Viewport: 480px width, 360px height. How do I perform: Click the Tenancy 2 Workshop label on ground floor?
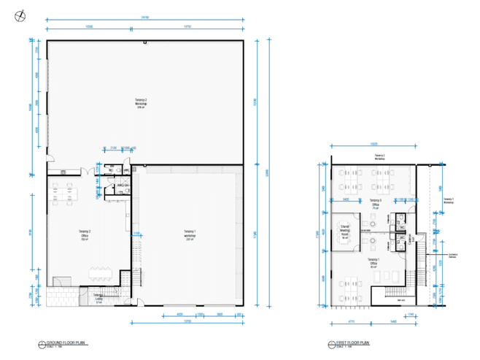(x=142, y=103)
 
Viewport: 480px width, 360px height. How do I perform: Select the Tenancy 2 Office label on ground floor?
(x=85, y=234)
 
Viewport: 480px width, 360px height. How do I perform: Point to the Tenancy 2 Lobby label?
(x=98, y=296)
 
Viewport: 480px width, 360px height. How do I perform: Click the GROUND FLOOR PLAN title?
(x=66, y=342)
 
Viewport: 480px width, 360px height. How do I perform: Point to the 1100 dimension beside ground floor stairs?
(x=136, y=234)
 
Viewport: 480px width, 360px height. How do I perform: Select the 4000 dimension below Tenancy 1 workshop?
(x=179, y=315)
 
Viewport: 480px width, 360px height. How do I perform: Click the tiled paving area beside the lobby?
(x=62, y=296)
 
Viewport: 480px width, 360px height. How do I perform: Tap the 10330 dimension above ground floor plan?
(x=89, y=26)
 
